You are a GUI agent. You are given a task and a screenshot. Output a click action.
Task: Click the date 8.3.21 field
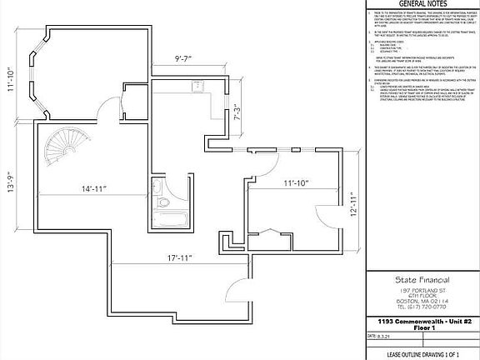(386, 336)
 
